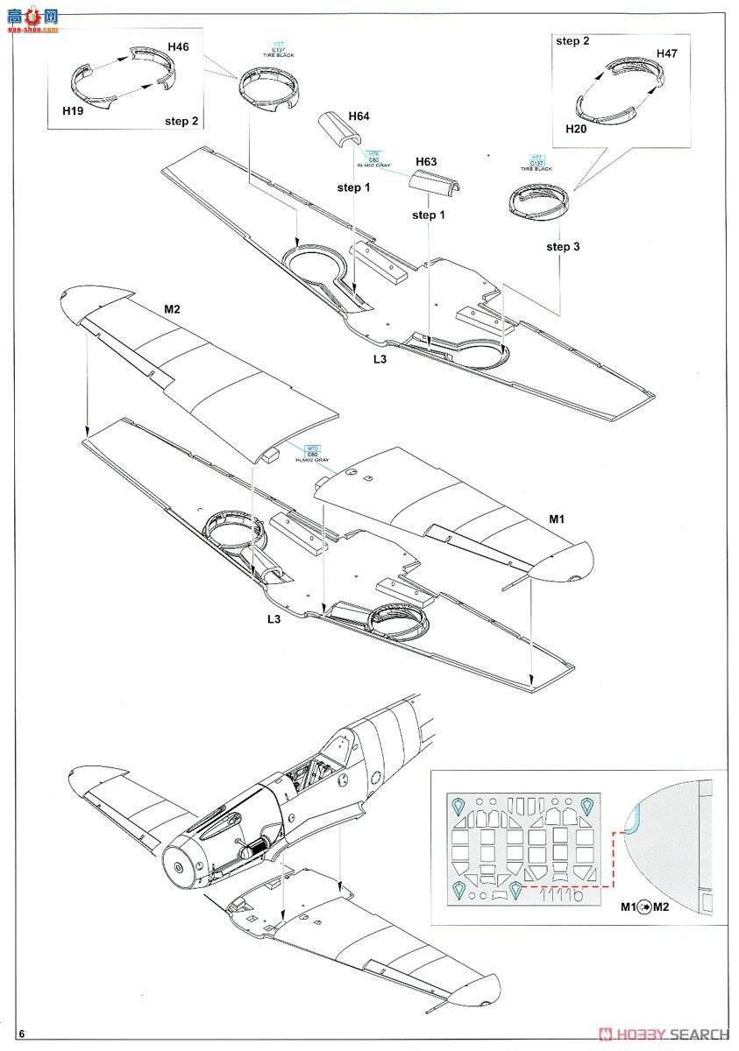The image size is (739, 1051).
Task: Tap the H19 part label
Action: (75, 112)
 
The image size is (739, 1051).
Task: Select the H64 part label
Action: (359, 116)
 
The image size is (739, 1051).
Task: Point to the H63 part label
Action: (426, 162)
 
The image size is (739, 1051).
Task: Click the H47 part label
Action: (667, 53)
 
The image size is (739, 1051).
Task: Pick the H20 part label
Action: (576, 128)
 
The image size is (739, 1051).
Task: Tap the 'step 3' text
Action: (563, 246)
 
